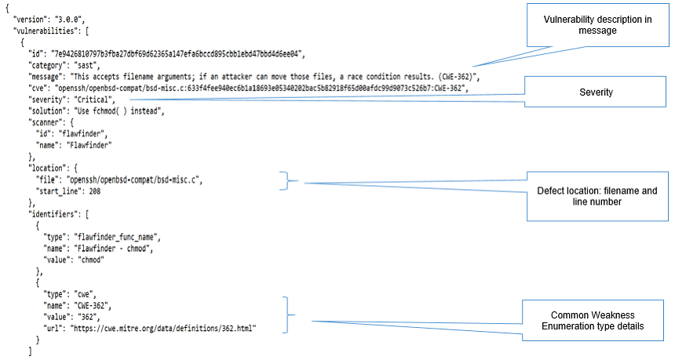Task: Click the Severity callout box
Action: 596,92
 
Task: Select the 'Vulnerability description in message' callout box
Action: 598,25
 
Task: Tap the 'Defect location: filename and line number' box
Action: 597,196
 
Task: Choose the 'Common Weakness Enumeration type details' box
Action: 593,321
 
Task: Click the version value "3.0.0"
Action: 69,20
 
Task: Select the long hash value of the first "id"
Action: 177,54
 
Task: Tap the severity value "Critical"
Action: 93,100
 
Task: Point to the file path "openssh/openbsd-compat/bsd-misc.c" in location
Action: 134,180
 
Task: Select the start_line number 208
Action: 95,191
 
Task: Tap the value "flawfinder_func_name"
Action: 116,237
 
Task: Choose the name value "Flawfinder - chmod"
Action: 112,249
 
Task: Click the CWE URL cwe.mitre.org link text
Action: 163,329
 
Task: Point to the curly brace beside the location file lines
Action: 288,180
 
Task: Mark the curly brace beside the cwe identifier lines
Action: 289,315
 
